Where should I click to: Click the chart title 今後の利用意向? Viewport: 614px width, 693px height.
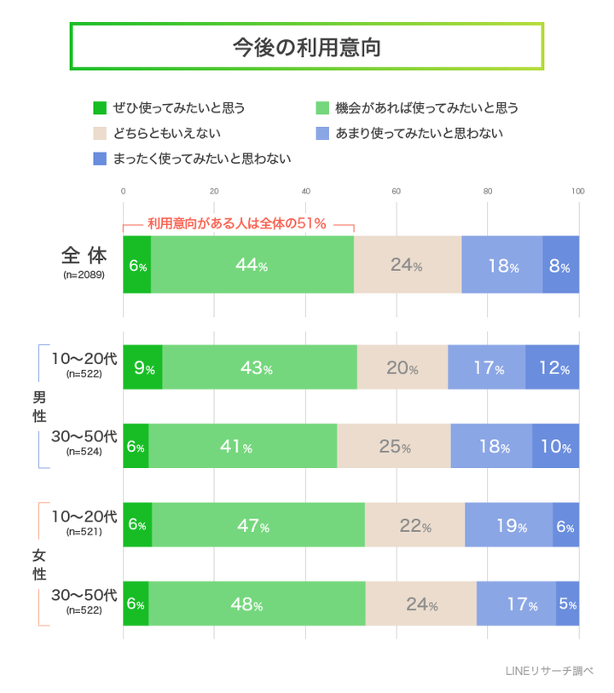306,47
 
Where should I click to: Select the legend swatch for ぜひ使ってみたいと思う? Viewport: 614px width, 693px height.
100,108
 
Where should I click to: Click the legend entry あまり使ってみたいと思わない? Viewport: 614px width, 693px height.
419,133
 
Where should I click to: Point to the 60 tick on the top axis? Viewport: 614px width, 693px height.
397,191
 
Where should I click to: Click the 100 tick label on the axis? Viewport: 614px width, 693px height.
577,191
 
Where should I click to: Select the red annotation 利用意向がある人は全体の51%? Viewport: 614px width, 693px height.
237,224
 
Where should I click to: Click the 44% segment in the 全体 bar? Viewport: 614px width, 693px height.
252,265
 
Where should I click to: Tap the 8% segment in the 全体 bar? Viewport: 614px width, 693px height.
560,265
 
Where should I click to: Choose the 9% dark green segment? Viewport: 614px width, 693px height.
142,368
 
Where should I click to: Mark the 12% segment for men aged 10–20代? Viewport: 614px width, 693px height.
552,368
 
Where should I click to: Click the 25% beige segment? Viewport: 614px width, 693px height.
393,446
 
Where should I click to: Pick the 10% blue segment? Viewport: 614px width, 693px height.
555,446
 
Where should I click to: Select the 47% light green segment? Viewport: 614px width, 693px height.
258,525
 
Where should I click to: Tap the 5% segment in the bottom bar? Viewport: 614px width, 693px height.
567,603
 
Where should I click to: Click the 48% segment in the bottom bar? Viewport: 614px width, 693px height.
257,603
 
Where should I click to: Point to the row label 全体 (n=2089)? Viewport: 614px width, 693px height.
84,263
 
